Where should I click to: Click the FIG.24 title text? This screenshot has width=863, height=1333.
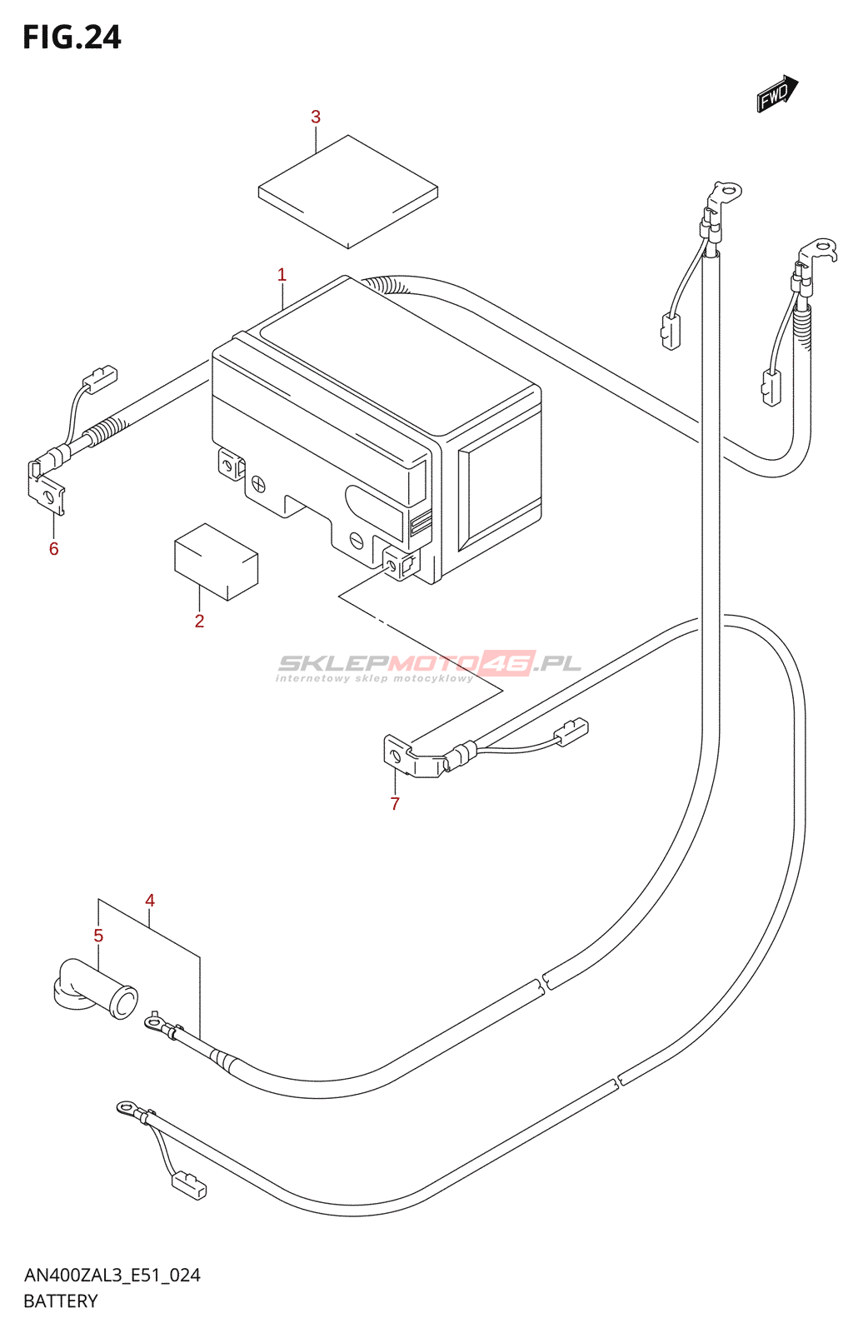pos(72,37)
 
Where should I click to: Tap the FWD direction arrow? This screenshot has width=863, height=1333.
pos(776,93)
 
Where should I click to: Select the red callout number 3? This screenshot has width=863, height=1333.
pos(316,117)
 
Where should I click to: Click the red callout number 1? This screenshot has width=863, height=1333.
pos(282,275)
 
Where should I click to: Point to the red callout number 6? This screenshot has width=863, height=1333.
pos(54,548)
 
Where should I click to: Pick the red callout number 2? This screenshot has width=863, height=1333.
pos(199,621)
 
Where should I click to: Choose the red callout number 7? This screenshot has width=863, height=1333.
pos(395,804)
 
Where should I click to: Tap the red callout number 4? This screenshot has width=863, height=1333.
pos(150,901)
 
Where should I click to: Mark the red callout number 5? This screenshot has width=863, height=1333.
pos(98,936)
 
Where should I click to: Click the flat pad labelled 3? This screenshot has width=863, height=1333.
pos(347,192)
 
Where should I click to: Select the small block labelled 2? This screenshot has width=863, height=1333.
pos(216,562)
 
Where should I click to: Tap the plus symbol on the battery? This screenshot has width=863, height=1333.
pos(259,483)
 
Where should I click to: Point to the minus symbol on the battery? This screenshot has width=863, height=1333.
pos(357,539)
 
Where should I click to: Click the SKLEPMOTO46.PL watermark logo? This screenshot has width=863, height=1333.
pos(429,664)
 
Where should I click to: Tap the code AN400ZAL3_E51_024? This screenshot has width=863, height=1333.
pos(112,1275)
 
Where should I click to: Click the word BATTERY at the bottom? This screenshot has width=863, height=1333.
pos(61,1301)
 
